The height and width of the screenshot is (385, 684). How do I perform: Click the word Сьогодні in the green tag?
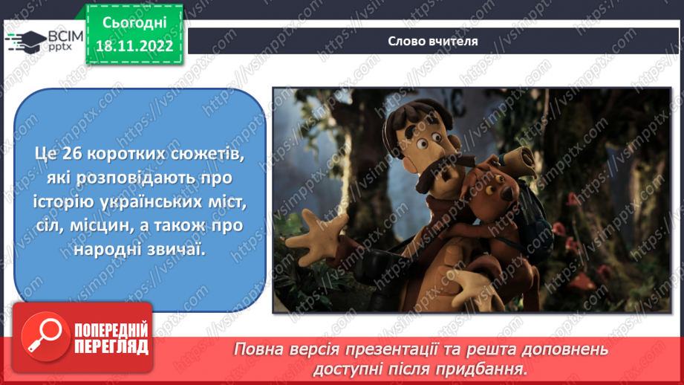[134, 23]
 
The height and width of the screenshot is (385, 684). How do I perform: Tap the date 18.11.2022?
[134, 46]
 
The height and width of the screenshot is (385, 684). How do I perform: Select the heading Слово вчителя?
[433, 41]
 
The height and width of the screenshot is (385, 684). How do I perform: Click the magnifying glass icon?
[45, 336]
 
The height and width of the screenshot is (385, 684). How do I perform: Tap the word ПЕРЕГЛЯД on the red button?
[111, 347]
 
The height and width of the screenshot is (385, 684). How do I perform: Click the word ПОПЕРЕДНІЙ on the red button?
[111, 330]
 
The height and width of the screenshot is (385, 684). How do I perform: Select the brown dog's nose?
[507, 192]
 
